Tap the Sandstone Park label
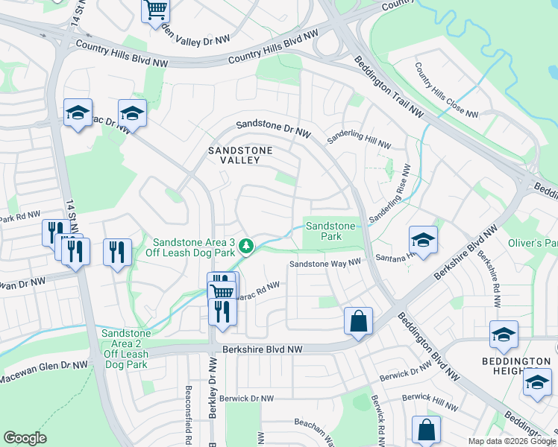click(330, 231)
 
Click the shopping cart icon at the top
click(155, 10)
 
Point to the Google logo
click(25, 438)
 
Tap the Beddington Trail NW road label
click(388, 88)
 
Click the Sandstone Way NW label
click(325, 264)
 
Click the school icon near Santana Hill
click(423, 241)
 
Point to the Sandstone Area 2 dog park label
click(125, 348)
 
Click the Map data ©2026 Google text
click(512, 441)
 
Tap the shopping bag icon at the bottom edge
click(426, 430)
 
